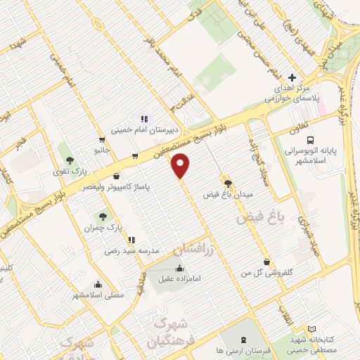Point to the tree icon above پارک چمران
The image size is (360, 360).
(x=103, y=217)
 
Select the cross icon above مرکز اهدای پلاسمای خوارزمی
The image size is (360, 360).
(x=292, y=77)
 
